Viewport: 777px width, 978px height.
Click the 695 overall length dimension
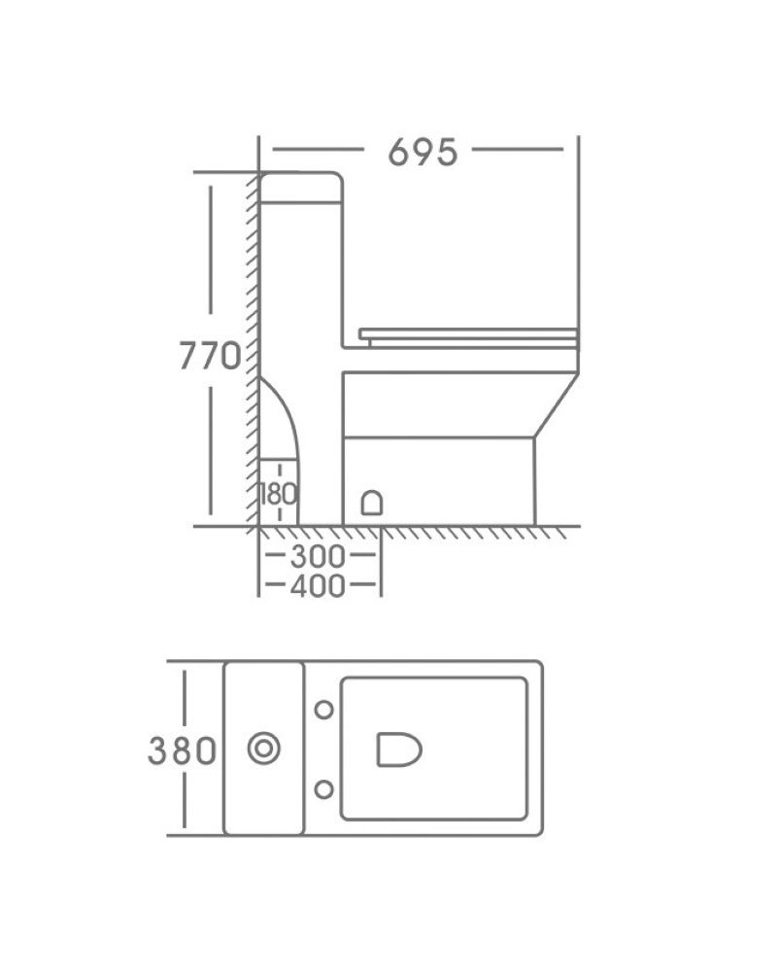click(x=422, y=152)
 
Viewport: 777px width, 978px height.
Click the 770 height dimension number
click(x=210, y=356)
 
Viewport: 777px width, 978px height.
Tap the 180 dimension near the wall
click(x=278, y=495)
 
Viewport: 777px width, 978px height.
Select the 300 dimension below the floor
click(x=318, y=556)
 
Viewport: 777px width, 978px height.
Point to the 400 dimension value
click(x=318, y=585)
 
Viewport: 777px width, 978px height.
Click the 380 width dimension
click(x=182, y=751)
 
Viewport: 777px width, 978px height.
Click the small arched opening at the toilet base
click(x=372, y=503)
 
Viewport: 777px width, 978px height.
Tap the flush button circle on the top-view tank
click(x=263, y=748)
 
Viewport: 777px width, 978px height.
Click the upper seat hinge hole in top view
click(x=323, y=709)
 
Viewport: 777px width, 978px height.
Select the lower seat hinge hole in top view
click(x=323, y=789)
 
